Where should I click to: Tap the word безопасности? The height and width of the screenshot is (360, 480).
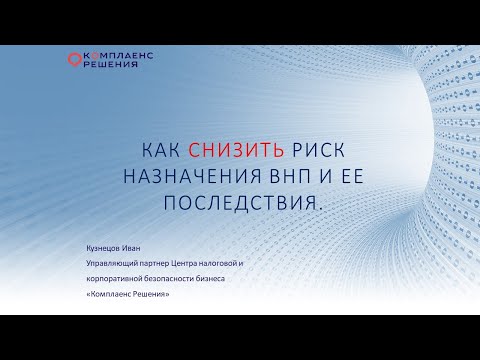click(x=187, y=280)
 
